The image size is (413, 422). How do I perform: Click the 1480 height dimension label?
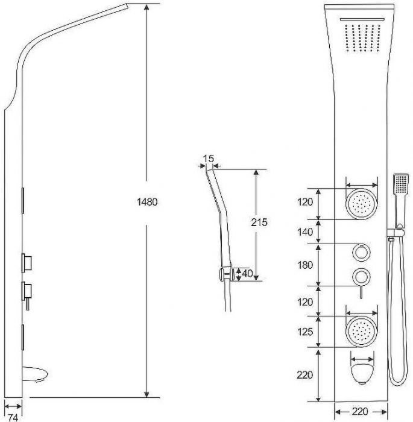point(147,201)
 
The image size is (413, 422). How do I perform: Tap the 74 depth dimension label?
point(13,417)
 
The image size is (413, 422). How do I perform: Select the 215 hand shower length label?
point(259,222)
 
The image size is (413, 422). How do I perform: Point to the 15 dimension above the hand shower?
point(209,159)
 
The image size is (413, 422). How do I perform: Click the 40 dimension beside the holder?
point(247,274)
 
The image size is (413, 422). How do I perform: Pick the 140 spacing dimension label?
point(305,231)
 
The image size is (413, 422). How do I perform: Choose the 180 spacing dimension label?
point(305,265)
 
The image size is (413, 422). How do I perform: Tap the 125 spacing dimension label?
point(305,332)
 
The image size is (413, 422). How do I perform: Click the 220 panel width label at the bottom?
point(360,412)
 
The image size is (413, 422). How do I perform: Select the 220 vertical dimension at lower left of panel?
point(304,374)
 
